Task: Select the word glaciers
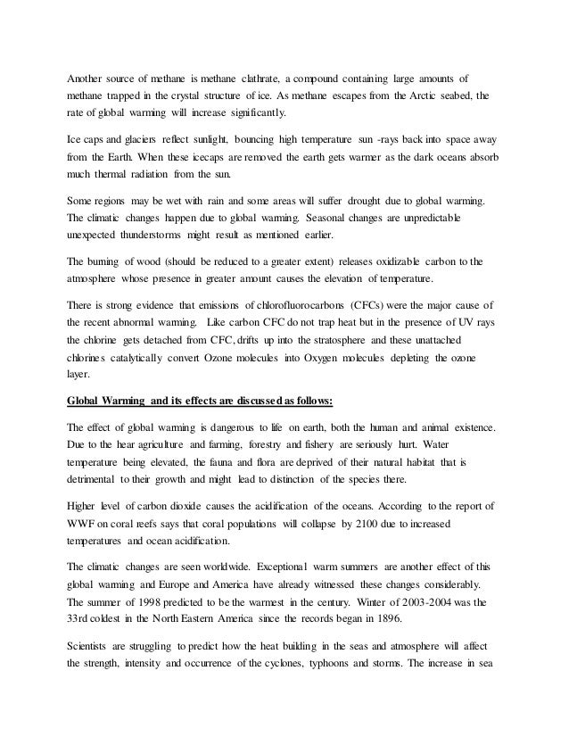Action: coord(146,141)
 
